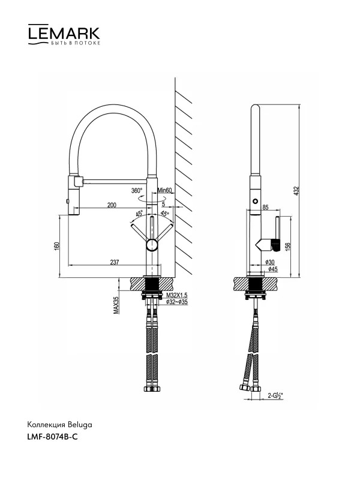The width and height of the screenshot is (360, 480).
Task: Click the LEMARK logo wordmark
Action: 64,34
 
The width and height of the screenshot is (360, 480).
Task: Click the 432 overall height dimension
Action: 296,191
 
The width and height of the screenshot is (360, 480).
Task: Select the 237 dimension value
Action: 114,262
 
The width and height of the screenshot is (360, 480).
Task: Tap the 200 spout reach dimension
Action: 112,205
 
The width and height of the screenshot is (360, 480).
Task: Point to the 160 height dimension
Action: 56,246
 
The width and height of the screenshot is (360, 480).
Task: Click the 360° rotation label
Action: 137,190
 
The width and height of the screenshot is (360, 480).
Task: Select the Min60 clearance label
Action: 164,190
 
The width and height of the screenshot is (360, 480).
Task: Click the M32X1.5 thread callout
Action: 177,295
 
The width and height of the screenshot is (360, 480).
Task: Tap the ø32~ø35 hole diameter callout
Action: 177,302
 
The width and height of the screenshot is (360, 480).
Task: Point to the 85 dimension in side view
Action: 265,208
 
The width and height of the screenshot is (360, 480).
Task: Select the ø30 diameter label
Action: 270,262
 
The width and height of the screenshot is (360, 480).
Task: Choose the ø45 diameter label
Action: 273,269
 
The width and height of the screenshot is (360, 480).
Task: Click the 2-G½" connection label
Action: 275,395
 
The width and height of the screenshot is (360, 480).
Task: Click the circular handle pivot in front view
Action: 152,245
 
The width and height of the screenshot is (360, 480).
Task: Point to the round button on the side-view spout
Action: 254,202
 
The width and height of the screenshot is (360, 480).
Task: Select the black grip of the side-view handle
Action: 277,245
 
